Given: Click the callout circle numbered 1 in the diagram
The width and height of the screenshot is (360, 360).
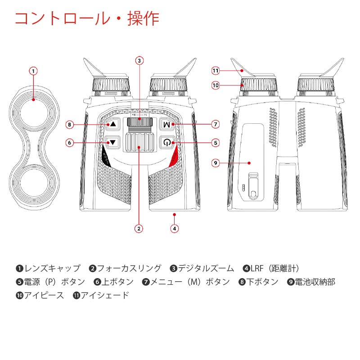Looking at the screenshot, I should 34,71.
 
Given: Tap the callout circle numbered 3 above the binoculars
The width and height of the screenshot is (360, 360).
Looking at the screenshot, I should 139,60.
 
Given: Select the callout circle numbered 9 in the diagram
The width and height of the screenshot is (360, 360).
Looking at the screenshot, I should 216,163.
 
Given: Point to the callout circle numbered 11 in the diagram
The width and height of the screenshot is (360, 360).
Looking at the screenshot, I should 216,71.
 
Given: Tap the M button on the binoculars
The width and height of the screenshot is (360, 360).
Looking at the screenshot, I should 167,124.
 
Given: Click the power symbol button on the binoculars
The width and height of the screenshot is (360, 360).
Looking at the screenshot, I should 167,143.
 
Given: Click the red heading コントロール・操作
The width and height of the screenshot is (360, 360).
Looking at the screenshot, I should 87,19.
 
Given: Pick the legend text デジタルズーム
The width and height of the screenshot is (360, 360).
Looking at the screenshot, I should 206,269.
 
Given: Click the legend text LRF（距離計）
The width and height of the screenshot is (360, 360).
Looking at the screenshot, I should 281,269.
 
